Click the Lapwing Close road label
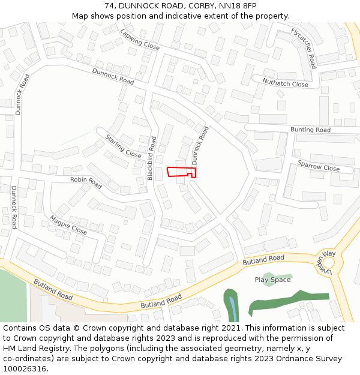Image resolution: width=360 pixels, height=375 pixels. click(x=140, y=40)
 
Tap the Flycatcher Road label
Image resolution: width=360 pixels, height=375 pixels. click(x=304, y=48)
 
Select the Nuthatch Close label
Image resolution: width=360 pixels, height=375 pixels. click(x=285, y=82)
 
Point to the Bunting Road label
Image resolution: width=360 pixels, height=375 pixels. click(x=310, y=130)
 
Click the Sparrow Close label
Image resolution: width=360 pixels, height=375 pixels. click(x=319, y=166)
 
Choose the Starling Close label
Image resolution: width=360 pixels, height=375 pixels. click(x=123, y=146)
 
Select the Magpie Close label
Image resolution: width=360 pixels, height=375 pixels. click(x=68, y=224)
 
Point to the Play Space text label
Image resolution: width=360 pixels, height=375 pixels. click(x=272, y=280)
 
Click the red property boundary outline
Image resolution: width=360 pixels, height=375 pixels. click(x=181, y=172)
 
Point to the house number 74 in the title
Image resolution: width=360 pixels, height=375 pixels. click(x=109, y=5)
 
